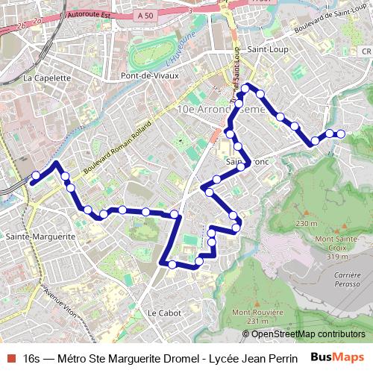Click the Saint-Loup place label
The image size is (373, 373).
click(269, 49)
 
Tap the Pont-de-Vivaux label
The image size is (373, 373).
click(151, 76)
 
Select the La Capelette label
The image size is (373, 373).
click(46, 78)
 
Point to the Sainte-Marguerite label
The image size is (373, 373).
click(40, 236)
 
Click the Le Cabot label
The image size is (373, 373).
click(164, 313)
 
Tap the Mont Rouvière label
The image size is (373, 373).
click(257, 313)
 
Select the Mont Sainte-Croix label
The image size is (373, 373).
click(333, 243)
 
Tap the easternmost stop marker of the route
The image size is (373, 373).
click(341, 134)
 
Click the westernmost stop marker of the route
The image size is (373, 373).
click(35, 176)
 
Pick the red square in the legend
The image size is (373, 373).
click(10, 358)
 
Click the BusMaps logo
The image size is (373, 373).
click(338, 357)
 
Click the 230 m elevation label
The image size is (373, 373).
click(306, 223)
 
